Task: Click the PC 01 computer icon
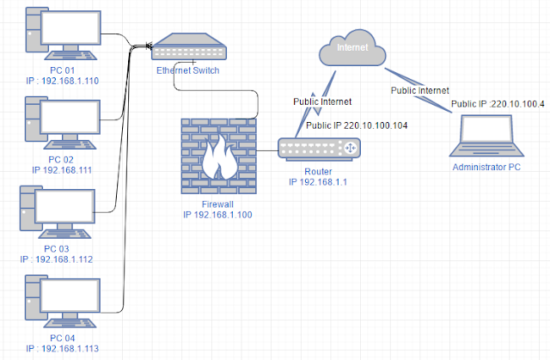point(64,34)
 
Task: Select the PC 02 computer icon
point(63,123)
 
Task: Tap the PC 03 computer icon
point(58,212)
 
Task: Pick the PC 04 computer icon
point(63,302)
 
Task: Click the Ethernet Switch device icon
point(189,46)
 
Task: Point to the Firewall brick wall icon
point(219,156)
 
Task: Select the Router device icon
point(319,149)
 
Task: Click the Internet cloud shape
point(352,47)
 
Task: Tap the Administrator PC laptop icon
point(486,136)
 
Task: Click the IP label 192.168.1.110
point(63,81)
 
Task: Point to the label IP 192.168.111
point(62,170)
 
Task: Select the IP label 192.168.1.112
point(57,259)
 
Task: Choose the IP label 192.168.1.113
point(63,349)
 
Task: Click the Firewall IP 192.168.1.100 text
point(217,215)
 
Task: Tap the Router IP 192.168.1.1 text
point(318,182)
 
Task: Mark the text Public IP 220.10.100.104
point(357,125)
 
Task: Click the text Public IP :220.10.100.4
point(498,104)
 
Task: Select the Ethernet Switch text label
point(188,70)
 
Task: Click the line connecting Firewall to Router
point(267,151)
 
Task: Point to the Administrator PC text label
point(486,168)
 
